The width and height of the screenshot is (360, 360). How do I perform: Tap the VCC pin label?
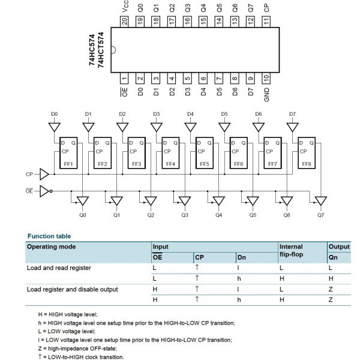point(125,7)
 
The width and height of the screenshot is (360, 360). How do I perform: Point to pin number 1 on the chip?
point(125,78)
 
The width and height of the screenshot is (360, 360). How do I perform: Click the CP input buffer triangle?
point(44,175)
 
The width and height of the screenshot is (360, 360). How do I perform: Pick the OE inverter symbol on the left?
point(45,191)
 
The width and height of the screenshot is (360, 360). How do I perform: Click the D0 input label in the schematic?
point(54,113)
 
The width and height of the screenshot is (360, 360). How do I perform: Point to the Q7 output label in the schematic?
point(321,214)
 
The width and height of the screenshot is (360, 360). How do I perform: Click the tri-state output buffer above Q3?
point(184,200)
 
